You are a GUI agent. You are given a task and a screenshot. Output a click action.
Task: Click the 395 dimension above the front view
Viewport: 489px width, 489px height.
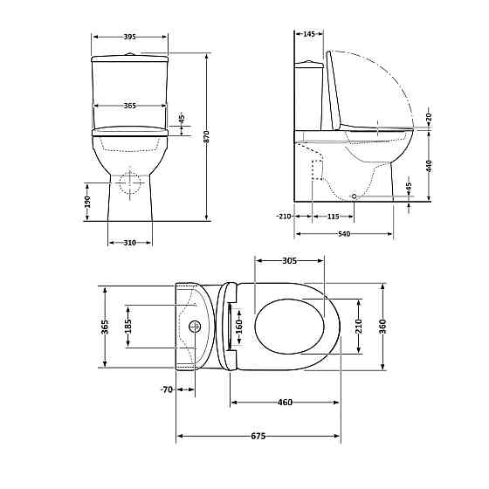(x=129, y=37)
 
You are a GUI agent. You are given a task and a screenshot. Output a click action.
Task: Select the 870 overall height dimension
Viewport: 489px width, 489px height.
(x=207, y=136)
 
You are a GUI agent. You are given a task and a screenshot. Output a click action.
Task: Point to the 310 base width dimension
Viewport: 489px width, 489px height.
(x=129, y=242)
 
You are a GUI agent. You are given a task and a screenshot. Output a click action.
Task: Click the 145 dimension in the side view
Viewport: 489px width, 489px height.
(x=308, y=34)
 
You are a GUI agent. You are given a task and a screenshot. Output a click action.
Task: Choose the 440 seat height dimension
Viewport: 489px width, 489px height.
(x=430, y=166)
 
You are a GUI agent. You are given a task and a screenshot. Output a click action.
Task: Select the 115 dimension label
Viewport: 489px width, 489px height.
(x=333, y=216)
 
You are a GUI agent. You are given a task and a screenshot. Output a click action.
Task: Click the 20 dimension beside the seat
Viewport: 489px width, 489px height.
(x=430, y=116)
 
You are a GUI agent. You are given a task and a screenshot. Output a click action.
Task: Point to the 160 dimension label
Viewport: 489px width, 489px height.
(x=238, y=326)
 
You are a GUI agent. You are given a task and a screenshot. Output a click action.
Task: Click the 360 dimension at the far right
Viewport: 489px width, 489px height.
(x=382, y=326)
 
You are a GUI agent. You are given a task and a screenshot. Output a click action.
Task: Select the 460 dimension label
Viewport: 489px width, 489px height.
(x=285, y=403)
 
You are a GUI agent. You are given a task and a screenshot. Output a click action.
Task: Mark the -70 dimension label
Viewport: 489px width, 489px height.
(x=166, y=389)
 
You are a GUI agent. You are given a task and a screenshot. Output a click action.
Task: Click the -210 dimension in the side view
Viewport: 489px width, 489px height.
(x=282, y=216)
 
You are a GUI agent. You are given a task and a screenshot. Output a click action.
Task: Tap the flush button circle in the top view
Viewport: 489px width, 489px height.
(x=195, y=327)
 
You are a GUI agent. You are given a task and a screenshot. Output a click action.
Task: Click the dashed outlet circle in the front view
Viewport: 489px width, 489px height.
(x=129, y=183)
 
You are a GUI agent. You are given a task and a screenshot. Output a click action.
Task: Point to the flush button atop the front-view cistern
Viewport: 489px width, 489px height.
(x=129, y=54)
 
